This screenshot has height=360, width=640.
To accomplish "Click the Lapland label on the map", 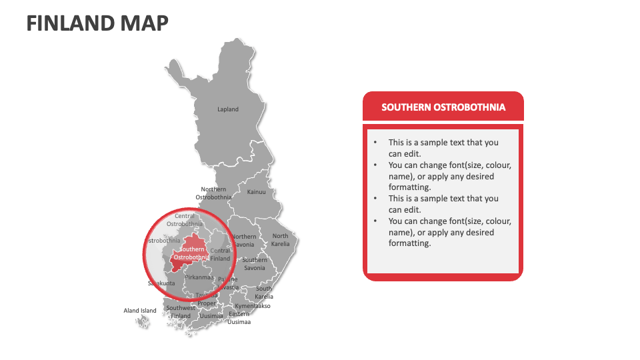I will (x=227, y=109).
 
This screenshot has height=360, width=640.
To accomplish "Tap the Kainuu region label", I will (x=257, y=192).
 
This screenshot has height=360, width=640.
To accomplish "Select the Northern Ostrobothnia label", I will (x=213, y=193).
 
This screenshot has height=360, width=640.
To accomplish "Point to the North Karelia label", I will (x=280, y=240).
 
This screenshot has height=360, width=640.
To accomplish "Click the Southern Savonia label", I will (x=254, y=263).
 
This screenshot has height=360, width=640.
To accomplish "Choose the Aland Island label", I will (x=140, y=311).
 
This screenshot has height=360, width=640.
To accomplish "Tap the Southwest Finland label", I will (x=181, y=312).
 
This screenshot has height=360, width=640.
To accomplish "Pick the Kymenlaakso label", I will (x=253, y=306).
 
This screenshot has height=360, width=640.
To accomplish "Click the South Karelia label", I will (x=264, y=293).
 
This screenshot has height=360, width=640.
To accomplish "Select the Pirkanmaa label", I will (x=199, y=277).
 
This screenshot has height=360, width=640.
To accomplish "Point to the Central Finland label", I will (x=220, y=255).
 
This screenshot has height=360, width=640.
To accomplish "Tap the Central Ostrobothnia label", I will (x=185, y=220).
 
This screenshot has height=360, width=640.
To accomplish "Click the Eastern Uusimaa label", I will (x=239, y=318).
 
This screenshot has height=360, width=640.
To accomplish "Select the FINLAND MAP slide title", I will (x=97, y=23).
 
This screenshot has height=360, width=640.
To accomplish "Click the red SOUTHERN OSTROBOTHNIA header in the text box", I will (x=443, y=107).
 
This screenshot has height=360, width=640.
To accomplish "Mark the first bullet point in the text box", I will (x=443, y=148).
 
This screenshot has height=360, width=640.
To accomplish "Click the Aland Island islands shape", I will (x=142, y=322).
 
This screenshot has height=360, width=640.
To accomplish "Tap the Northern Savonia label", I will (x=243, y=241).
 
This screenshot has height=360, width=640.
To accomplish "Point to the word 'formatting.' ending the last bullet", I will (x=410, y=243).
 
